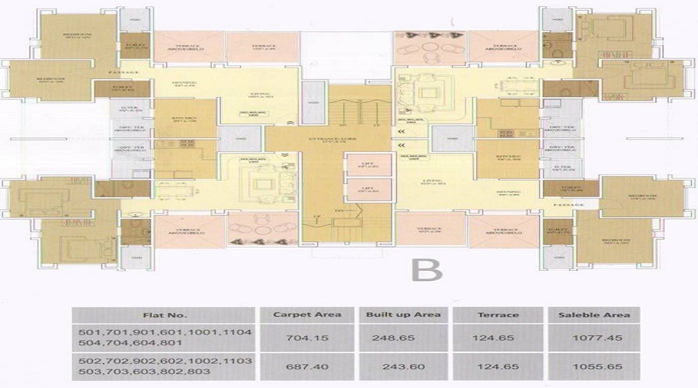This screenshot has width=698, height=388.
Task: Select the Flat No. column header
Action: click(x=164, y=315)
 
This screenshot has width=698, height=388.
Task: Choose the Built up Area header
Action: click(x=401, y=315)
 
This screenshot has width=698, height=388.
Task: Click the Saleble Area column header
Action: click(x=589, y=315)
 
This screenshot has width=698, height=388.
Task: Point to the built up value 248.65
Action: click(x=401, y=338)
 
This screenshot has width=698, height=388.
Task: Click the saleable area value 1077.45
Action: click(x=589, y=338)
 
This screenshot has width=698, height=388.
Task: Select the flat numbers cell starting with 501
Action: click(x=164, y=338)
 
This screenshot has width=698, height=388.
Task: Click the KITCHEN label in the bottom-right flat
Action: click(x=505, y=158)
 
